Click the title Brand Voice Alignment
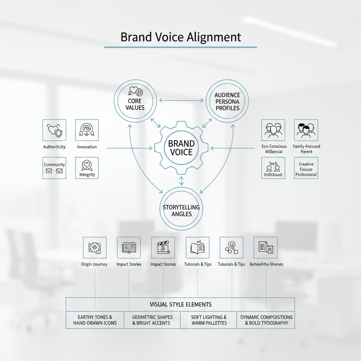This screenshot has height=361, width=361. point(180,37)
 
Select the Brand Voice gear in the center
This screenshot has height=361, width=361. point(182,148)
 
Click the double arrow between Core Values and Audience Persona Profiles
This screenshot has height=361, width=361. point(181,100)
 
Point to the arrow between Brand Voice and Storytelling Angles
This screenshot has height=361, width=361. point(182,181)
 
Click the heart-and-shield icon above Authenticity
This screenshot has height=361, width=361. point(54,130)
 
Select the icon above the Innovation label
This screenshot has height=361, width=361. point(87,130)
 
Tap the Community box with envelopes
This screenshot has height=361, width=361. point(54,168)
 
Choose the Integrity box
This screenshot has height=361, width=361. point(87,168)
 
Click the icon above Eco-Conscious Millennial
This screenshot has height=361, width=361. point(273,130)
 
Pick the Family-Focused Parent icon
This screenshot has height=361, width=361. point(306,130)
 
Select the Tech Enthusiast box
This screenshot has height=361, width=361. point(273,168)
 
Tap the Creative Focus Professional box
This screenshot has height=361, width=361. point(306,168)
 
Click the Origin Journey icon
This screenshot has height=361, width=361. point(94,248)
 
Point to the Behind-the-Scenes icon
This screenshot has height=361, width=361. point(265,248)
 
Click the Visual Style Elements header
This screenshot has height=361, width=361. point(180,304)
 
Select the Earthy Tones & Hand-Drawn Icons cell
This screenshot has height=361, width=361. point(95,320)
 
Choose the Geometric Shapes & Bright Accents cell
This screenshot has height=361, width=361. point(152,320)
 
